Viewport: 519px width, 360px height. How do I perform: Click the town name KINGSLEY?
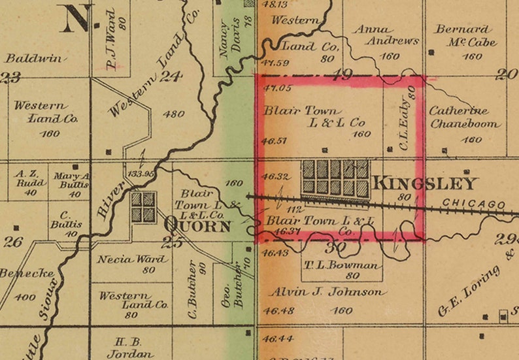coord(425,184)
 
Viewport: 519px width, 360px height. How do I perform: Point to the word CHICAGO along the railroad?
coord(475,205)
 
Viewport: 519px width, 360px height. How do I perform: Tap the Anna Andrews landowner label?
coord(385,35)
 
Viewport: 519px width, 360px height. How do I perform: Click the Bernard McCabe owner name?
coord(465,35)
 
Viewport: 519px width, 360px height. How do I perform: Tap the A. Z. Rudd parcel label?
coord(31,180)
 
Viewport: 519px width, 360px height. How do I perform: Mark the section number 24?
coord(171,76)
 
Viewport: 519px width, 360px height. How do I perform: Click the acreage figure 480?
coord(173,114)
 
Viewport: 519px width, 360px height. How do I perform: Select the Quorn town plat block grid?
coord(143,206)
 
